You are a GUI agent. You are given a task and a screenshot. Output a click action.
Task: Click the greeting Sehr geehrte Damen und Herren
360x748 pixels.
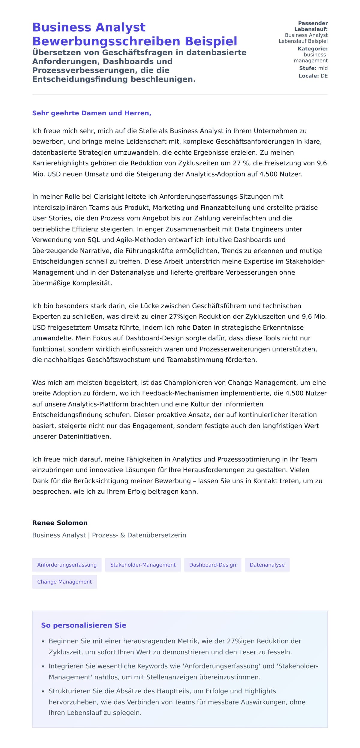coord(91,113)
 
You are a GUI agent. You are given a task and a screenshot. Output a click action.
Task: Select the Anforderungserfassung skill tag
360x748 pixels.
coord(67,565)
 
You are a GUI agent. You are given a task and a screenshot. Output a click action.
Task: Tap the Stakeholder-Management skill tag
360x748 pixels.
coord(143,565)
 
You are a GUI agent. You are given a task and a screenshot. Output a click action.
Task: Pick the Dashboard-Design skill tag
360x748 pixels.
coord(212,565)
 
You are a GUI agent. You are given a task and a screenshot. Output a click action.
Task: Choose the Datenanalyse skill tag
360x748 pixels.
coord(267,565)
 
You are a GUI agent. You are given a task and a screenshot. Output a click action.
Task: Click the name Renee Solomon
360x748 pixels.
coord(60,523)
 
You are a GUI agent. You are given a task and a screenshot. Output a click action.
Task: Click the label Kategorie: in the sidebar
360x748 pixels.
coord(312,49)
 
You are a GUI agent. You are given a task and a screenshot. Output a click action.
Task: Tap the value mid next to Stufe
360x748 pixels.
coord(323,68)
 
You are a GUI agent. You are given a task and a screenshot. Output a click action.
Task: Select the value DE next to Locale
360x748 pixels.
coord(324,76)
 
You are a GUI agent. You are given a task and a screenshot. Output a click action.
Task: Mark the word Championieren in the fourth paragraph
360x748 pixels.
coord(195,382)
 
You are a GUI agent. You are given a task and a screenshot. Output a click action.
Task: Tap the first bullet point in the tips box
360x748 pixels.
coord(175,641)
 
